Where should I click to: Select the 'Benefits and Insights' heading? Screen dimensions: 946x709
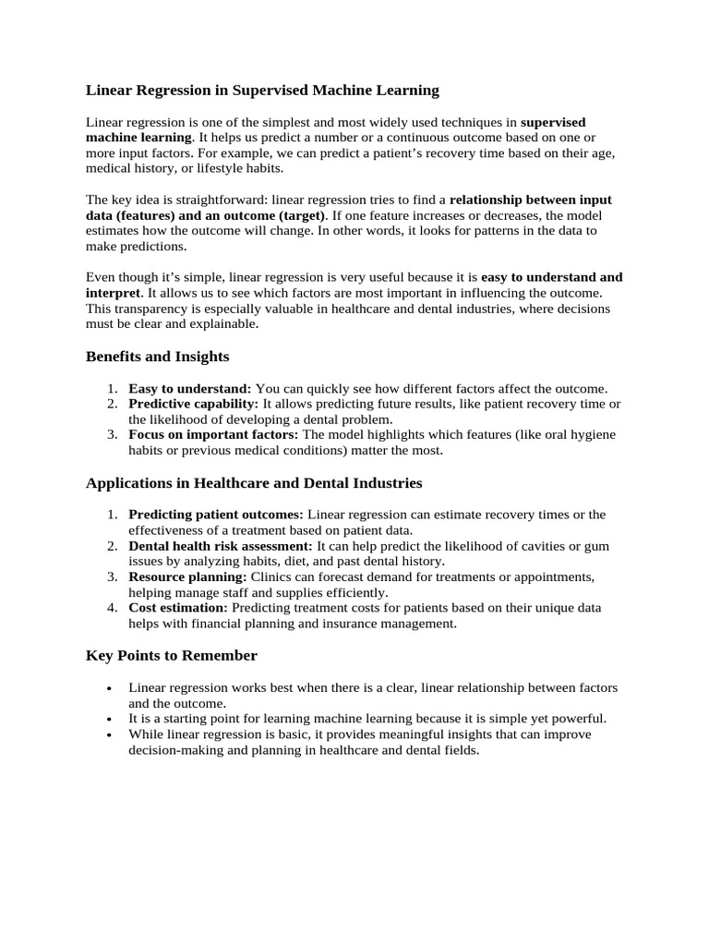click(x=157, y=356)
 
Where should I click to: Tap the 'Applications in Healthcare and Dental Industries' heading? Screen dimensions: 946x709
click(x=254, y=482)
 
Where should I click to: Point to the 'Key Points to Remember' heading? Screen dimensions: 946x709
click(x=171, y=655)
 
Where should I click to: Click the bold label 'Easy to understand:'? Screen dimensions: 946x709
click(x=189, y=389)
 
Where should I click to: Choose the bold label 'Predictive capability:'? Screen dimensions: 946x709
click(x=194, y=405)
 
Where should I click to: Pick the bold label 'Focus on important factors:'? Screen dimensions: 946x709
click(x=213, y=434)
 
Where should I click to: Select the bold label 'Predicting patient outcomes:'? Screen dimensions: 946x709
click(x=216, y=515)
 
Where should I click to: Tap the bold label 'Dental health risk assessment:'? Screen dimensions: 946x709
click(x=221, y=546)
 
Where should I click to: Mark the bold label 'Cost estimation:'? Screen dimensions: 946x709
click(x=178, y=608)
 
